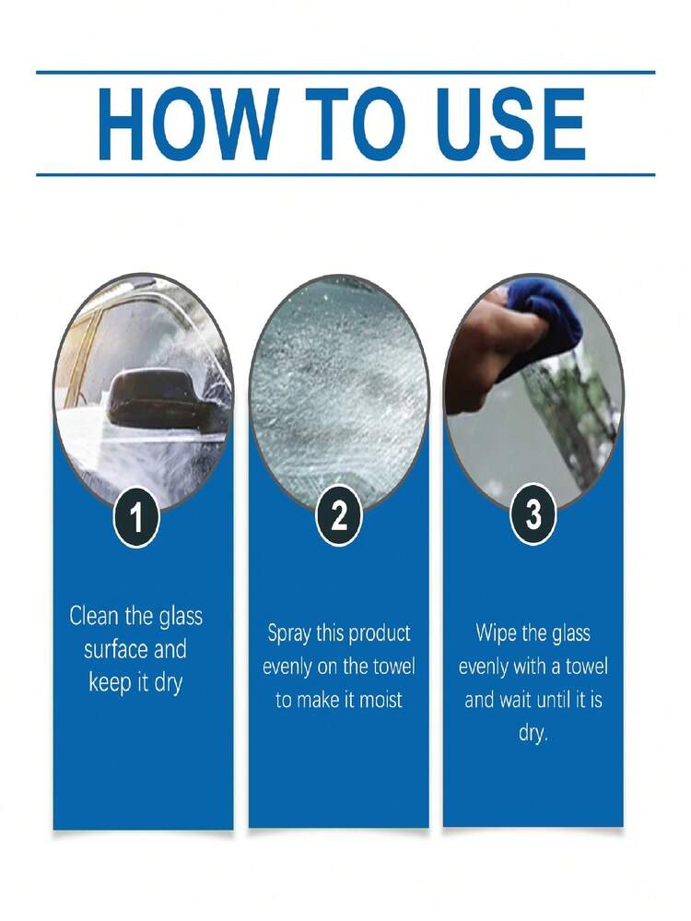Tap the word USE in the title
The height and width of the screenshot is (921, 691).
(510, 124)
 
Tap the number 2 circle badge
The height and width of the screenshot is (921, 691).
(339, 516)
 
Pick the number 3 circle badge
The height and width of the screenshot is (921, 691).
(533, 515)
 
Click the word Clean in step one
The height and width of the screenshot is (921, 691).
(94, 616)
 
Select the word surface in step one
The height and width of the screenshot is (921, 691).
(115, 649)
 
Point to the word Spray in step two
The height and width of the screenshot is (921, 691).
(289, 634)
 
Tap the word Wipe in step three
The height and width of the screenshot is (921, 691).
(496, 634)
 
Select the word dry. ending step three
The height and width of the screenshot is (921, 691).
(533, 733)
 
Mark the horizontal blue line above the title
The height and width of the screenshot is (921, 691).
(345, 72)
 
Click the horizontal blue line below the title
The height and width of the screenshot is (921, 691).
(345, 174)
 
